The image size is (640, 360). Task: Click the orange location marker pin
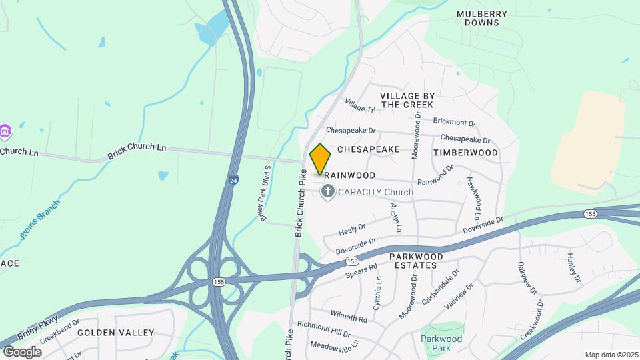point(321,159)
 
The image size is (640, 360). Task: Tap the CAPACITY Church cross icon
point(327,192)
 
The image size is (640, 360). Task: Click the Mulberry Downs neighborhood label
point(482,18)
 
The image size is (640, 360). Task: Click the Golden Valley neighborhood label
point(115,332)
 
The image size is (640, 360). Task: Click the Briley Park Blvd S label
point(264,193)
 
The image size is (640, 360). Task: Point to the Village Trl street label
point(360,105)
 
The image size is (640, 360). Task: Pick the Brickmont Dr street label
point(454,123)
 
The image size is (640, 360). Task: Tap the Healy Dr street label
point(353,230)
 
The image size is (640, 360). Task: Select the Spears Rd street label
point(361,269)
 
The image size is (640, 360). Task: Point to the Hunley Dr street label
point(575,267)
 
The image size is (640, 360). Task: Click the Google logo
point(22,351)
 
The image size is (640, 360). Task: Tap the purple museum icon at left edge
point(5,131)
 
